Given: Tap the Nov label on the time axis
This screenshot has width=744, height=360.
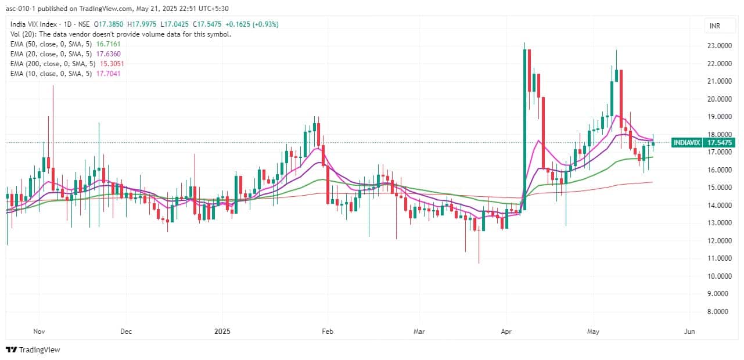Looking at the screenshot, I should point(39,332).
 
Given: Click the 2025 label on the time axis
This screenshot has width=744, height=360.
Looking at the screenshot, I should point(222,332).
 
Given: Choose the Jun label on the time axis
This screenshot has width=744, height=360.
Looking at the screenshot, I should point(689,332).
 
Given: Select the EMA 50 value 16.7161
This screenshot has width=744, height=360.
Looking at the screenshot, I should point(108,44).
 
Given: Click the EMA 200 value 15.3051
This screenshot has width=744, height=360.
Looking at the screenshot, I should point(110,63).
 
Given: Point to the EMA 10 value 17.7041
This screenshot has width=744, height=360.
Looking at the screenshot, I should point(108,73).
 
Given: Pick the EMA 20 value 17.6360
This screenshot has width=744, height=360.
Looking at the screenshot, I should point(108,53).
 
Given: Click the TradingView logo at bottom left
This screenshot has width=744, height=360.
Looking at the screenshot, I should point(33,350).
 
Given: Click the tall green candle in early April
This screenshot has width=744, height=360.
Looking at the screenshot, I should point(525,128).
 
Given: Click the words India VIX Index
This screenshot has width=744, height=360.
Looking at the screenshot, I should point(32,24).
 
